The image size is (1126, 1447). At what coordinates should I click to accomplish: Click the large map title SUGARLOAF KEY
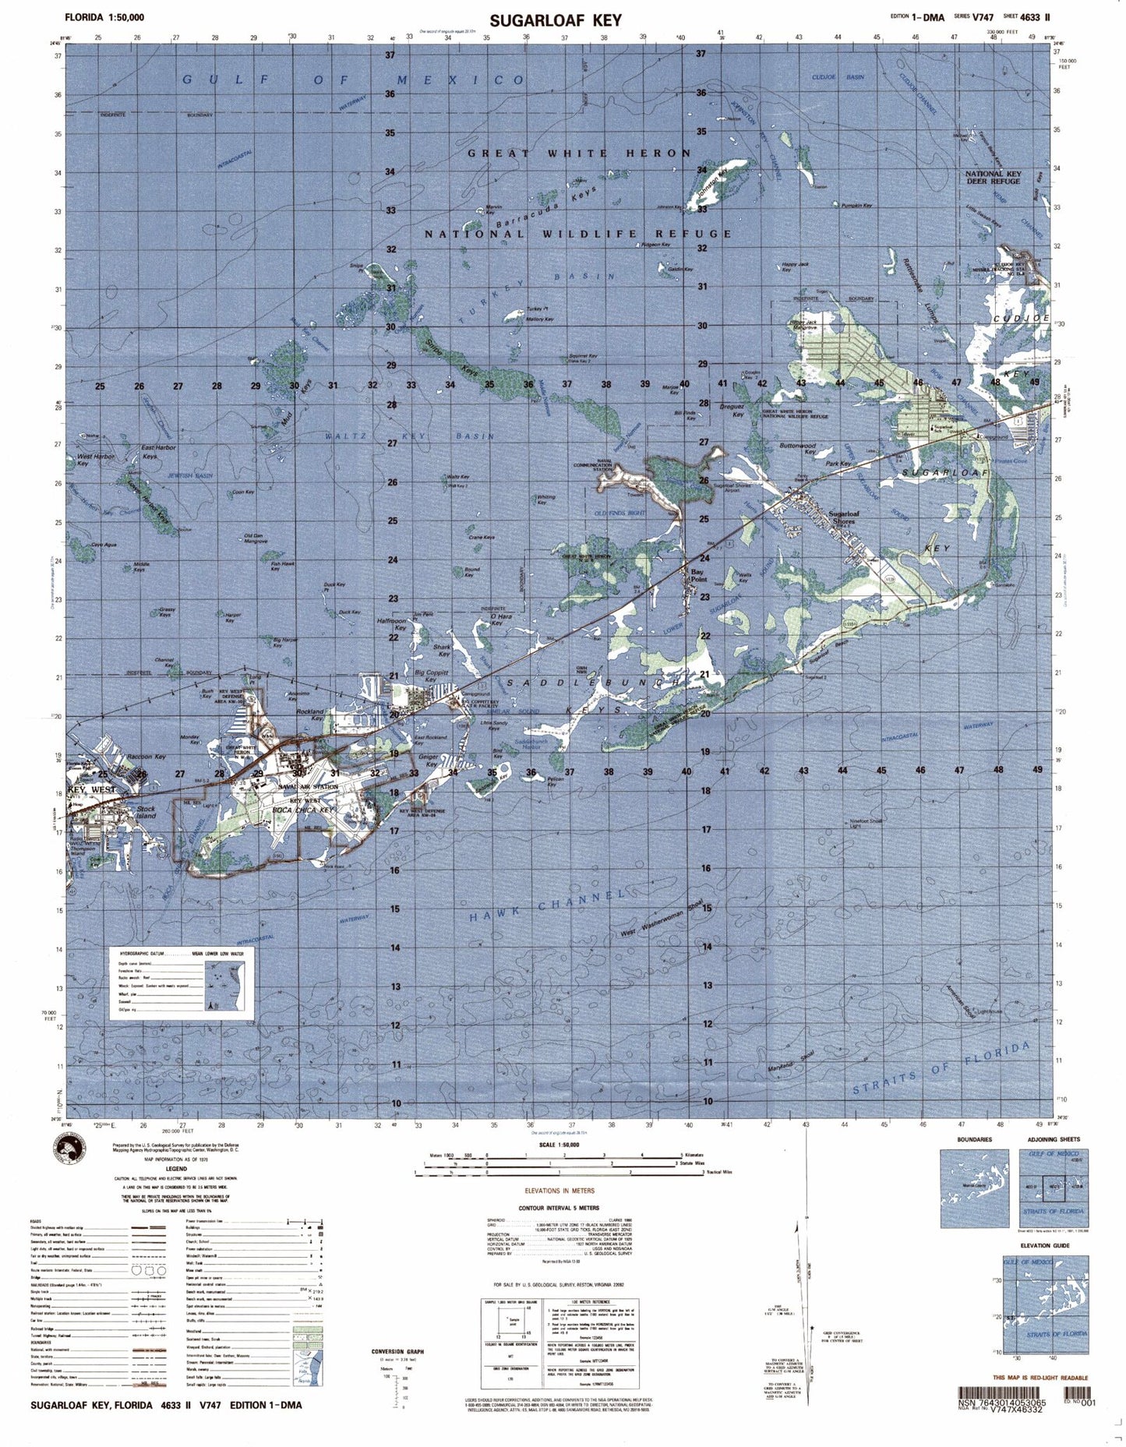point(556,20)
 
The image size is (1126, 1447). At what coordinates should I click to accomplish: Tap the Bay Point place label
point(698,575)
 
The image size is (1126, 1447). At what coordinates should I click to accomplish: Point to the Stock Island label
point(146,812)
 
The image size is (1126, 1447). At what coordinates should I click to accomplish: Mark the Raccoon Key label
point(146,757)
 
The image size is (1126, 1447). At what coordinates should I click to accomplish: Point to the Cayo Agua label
point(104,545)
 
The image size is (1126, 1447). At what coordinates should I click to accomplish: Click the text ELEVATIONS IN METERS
point(559,1191)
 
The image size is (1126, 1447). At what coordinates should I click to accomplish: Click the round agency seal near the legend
point(69,1150)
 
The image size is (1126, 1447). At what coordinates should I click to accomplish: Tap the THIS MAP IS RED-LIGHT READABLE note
point(1041,1378)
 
